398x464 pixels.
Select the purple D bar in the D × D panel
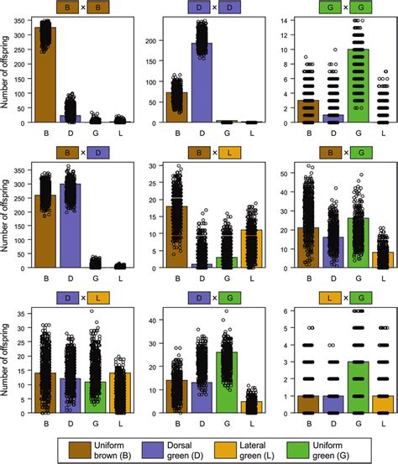click(202, 84)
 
